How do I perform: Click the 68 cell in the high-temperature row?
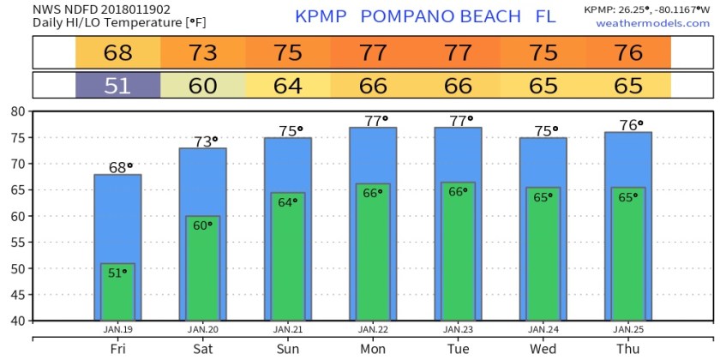[117, 53]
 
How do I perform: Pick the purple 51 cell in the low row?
[117, 85]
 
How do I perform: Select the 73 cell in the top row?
[203, 53]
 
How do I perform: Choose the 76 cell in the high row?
[628, 53]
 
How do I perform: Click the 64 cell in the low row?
[288, 85]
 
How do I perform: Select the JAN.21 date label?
[288, 329]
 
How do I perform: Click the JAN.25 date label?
[628, 329]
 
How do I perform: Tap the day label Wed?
[543, 350]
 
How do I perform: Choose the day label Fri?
[117, 350]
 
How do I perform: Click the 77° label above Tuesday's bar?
[458, 121]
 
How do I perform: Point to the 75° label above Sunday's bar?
[288, 131]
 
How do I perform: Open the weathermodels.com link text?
[641, 23]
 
